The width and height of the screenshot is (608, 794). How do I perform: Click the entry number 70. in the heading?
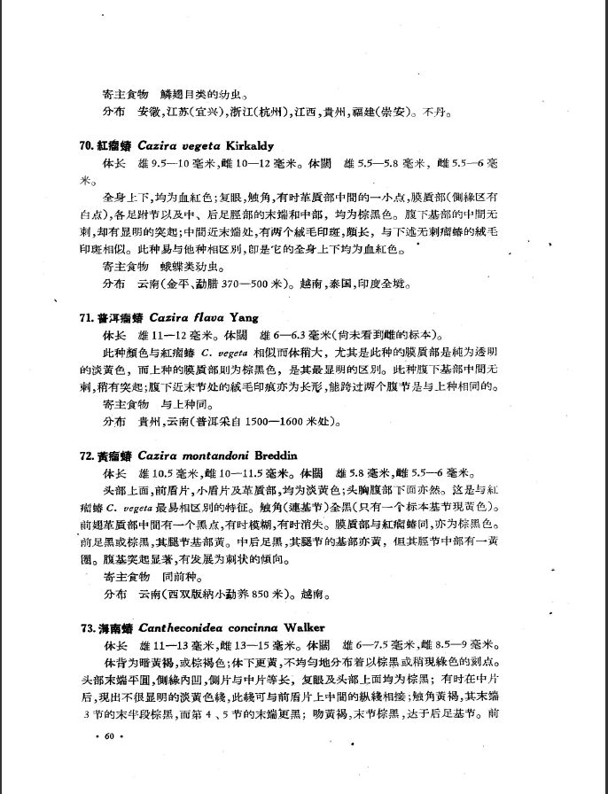[86, 145]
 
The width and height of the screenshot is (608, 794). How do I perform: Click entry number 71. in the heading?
[86, 317]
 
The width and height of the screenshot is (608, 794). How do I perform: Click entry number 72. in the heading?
[86, 455]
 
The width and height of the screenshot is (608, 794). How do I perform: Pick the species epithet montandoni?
[211, 455]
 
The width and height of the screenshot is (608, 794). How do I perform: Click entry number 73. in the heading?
[86, 627]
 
